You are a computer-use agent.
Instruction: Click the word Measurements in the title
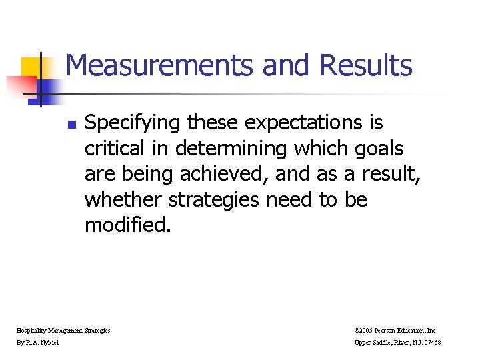click(161, 66)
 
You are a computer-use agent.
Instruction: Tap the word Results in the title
click(366, 66)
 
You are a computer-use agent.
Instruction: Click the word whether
click(124, 199)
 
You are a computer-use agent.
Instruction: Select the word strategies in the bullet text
click(217, 199)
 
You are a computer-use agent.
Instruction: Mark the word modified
click(127, 225)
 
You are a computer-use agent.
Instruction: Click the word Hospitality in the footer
click(33, 330)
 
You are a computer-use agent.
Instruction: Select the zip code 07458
click(431, 343)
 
